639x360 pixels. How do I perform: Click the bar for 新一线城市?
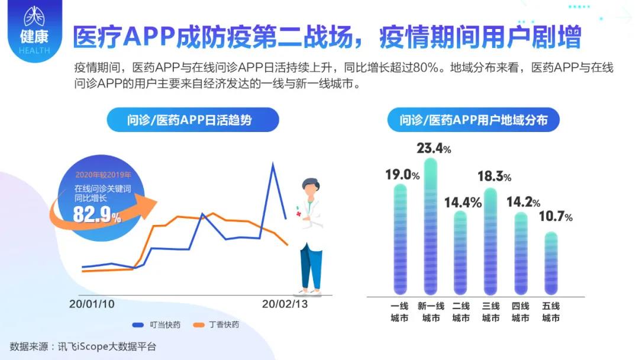tap(430, 226)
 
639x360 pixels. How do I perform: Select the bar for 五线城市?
tap(551, 263)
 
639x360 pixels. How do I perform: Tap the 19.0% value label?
tap(402, 175)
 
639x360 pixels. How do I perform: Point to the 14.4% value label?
tap(463, 202)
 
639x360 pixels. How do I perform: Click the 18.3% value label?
tap(494, 176)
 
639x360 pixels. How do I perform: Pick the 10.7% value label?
tap(556, 216)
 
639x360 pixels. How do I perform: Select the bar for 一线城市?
tap(400, 239)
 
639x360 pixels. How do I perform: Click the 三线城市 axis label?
tap(490, 312)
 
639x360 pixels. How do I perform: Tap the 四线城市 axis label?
tap(521, 312)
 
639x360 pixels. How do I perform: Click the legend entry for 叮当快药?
tap(156, 325)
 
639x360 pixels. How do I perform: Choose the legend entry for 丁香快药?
tap(216, 325)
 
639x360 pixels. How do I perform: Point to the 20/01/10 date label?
tap(92, 304)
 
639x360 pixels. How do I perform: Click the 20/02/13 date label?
tap(285, 304)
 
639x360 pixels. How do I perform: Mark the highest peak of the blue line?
tap(273, 163)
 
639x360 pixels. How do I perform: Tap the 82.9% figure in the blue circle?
tap(97, 214)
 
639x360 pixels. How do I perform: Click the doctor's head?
tap(311, 188)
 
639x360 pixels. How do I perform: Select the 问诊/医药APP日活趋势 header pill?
tap(193, 120)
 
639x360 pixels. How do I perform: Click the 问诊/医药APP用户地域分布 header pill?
tap(473, 120)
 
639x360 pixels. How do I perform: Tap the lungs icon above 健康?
tap(34, 16)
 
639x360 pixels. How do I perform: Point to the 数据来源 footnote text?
tap(83, 346)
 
